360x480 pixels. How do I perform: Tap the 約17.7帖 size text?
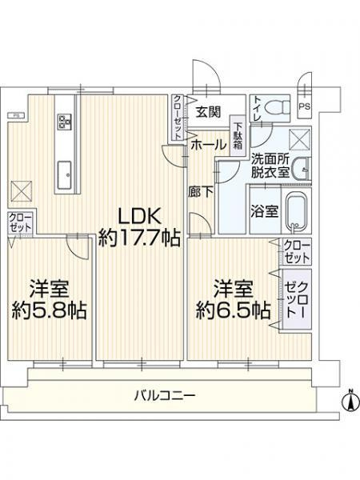coord(139,237)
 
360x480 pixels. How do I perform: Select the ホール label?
coord(208,146)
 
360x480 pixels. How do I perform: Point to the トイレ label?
coord(256,107)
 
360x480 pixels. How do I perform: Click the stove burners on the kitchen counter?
coord(65,122)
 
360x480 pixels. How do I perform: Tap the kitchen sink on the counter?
coord(65,171)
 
